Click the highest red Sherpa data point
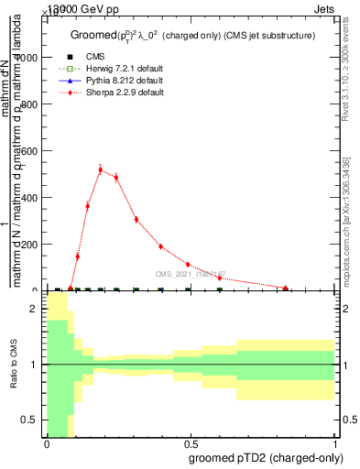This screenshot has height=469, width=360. (x=100, y=169)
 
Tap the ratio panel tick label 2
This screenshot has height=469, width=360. (x=35, y=309)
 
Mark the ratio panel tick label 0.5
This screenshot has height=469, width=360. (x=29, y=420)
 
